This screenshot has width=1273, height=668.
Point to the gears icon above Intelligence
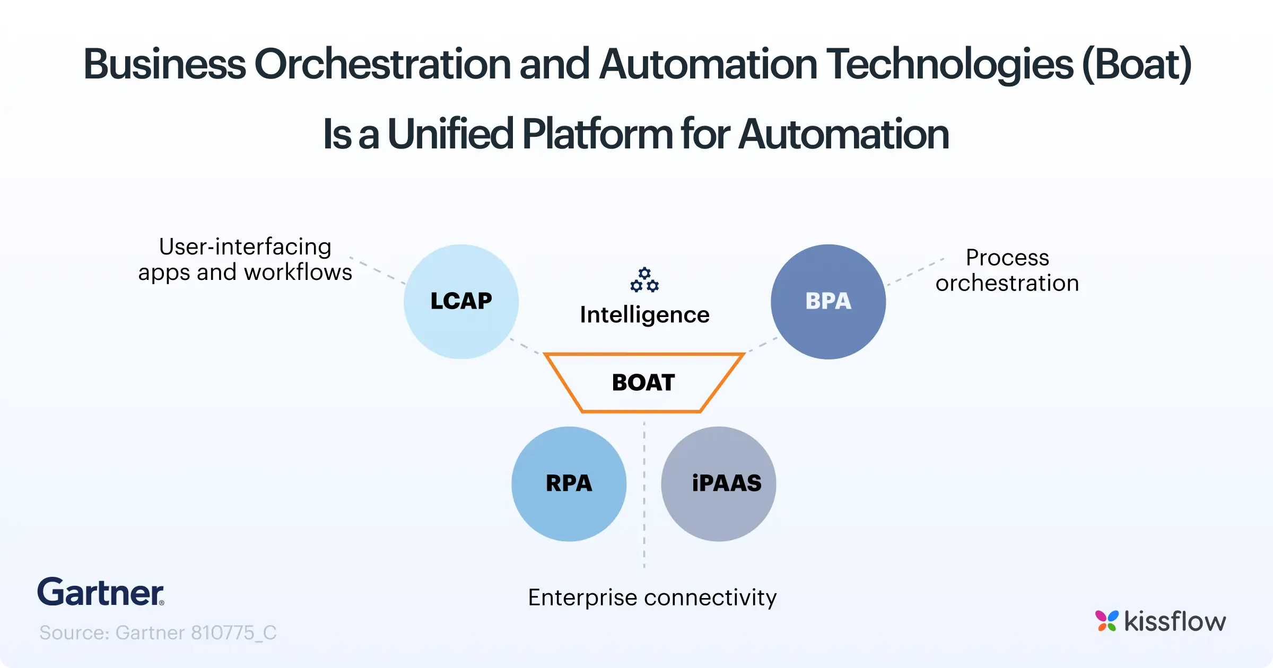(x=644, y=280)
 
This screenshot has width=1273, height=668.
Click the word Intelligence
(x=644, y=315)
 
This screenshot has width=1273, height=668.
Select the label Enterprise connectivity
(x=652, y=597)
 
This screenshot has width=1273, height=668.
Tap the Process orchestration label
(x=1007, y=270)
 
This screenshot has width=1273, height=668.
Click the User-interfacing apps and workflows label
(x=245, y=259)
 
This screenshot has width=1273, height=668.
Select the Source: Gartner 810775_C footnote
(x=158, y=632)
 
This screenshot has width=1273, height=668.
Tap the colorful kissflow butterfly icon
(x=1106, y=621)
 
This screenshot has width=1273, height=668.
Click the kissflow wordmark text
(x=1175, y=621)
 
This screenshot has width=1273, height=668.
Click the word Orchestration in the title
(x=382, y=65)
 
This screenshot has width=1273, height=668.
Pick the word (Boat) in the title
(x=1136, y=65)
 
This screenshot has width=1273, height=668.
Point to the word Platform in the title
(x=597, y=134)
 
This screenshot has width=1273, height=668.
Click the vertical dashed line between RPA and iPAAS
(x=644, y=493)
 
